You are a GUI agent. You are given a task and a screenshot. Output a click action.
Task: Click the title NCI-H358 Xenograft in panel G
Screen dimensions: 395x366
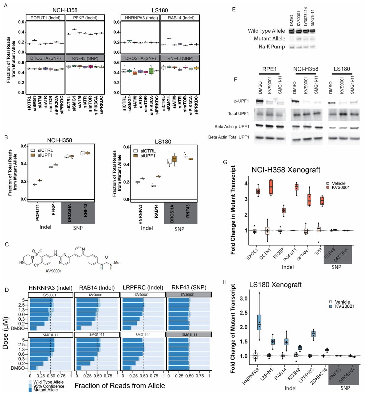coord(286,170)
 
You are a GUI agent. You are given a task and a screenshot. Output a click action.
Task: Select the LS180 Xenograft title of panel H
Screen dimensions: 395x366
coord(275,285)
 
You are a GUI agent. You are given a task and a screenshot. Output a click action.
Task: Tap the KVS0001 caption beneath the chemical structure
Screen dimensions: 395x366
coord(53,271)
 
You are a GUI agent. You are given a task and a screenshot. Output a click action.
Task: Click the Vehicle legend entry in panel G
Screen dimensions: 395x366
coord(338,183)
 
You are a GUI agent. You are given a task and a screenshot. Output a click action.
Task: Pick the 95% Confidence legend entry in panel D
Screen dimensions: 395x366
coord(49,386)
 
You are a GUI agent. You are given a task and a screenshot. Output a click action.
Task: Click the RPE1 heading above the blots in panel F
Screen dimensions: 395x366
coord(269,69)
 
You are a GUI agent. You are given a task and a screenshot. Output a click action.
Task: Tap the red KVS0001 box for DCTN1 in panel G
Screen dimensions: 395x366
coord(271,187)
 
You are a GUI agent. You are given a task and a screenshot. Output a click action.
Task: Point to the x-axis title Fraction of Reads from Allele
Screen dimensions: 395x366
coord(120,386)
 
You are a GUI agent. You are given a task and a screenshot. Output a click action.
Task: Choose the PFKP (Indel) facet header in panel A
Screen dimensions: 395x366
coord(85,18)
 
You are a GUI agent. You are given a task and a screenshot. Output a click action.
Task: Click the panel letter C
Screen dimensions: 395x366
coord(7,244)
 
